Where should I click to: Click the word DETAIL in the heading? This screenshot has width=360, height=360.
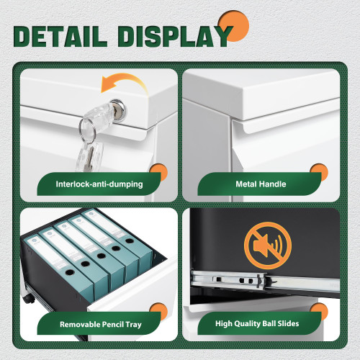(60, 36)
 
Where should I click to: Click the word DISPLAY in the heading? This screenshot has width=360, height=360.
(175, 36)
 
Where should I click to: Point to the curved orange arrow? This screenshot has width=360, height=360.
(124, 81)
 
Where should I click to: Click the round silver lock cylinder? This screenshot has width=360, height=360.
(118, 109)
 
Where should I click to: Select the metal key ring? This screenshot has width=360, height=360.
(87, 130)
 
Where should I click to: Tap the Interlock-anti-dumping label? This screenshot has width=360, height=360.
(99, 184)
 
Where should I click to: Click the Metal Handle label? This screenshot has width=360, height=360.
(261, 184)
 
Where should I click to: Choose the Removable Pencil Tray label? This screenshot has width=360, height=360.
(101, 325)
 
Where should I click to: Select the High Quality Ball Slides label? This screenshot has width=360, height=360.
(257, 323)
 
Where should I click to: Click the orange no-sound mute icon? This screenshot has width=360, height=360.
(268, 246)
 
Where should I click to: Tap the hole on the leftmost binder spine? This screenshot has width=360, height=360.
(70, 272)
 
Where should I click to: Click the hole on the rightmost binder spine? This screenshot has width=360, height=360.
(130, 240)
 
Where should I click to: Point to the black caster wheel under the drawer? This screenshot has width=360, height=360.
(28, 298)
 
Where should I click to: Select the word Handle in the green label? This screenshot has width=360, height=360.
(273, 184)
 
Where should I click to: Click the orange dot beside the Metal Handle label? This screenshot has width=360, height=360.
(319, 172)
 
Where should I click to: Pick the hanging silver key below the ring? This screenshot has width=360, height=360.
(89, 157)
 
